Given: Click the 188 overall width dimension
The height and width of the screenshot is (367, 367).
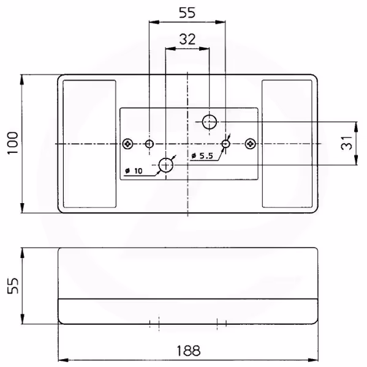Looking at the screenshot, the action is pyautogui.click(x=188, y=350).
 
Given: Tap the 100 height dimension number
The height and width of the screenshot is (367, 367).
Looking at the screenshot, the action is pyautogui.click(x=13, y=143).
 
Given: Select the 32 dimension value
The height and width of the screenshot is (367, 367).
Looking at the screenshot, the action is pyautogui.click(x=187, y=39).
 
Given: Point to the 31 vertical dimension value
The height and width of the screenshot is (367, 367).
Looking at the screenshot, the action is pyautogui.click(x=347, y=143).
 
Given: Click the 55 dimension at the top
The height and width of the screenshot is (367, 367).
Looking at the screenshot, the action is pyautogui.click(x=187, y=13).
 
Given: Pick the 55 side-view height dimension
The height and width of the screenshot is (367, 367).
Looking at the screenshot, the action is pyautogui.click(x=13, y=286).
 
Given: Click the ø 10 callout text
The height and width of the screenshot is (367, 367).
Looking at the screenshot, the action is pyautogui.click(x=134, y=171).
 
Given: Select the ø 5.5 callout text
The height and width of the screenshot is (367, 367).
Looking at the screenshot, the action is pyautogui.click(x=202, y=155).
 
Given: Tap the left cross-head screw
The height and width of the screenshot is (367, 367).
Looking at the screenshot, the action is pyautogui.click(x=128, y=144).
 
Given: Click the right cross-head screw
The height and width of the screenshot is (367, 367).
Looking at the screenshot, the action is pyautogui.click(x=250, y=144).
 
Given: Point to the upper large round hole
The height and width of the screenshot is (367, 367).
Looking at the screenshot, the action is pyautogui.click(x=210, y=122).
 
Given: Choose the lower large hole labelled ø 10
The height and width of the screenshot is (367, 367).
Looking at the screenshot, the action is pyautogui.click(x=166, y=165).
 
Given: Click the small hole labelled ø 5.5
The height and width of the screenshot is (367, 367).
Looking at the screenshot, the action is pyautogui.click(x=225, y=144).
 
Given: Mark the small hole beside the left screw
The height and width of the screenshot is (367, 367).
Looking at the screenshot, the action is pyautogui.click(x=149, y=144).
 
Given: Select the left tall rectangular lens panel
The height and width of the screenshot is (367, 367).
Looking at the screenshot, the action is pyautogui.click(x=89, y=144).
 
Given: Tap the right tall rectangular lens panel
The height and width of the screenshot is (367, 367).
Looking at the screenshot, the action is pyautogui.click(x=287, y=144).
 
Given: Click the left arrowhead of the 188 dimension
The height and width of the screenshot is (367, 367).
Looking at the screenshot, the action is pyautogui.click(x=63, y=360).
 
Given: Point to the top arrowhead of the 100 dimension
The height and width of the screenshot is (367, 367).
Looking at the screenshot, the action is pyautogui.click(x=22, y=80).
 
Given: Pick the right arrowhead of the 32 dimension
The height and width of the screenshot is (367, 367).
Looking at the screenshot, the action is pyautogui.click(x=204, y=49).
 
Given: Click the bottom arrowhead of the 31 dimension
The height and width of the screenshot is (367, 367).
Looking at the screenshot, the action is pyautogui.click(x=356, y=160).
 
